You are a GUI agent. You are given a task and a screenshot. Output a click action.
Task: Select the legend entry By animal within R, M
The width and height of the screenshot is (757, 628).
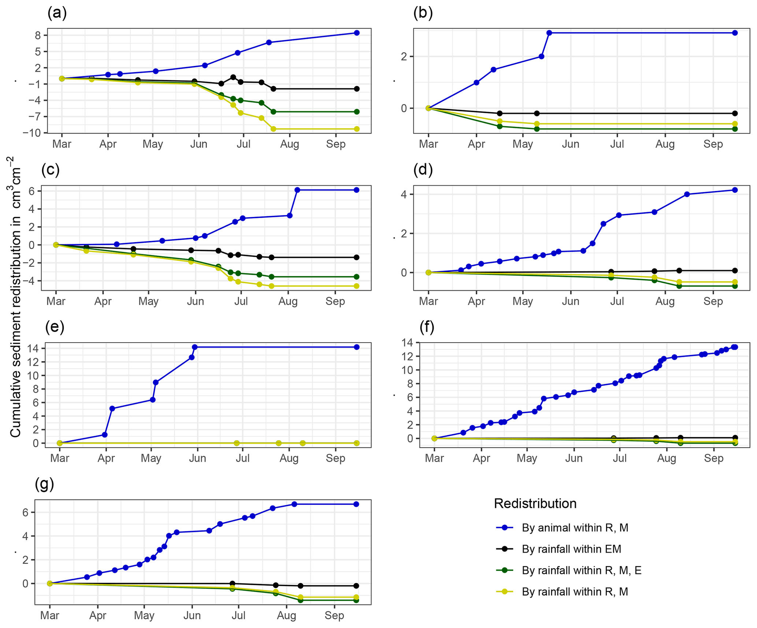coord(575,528)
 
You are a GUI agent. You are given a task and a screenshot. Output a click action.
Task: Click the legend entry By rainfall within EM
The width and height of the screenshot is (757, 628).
coord(571,549)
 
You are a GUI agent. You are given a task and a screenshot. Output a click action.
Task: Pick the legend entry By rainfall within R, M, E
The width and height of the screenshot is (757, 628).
coord(581,570)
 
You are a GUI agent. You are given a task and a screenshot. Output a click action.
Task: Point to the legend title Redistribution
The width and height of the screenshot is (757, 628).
coord(535,503)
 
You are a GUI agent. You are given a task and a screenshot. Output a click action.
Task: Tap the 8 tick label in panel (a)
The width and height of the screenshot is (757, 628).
coord(38,36)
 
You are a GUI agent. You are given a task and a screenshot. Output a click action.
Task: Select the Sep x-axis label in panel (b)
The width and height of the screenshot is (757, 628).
coord(713,144)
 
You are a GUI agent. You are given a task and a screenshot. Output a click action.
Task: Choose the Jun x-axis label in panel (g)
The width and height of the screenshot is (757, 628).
coord(192,615)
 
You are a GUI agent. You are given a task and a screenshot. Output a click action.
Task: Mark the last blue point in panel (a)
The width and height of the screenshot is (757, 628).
coord(357,33)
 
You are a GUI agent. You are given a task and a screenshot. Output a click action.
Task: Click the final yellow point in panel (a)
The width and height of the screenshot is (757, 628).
coord(357,129)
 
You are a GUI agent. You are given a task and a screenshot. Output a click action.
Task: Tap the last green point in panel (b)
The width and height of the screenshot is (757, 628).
coord(735,129)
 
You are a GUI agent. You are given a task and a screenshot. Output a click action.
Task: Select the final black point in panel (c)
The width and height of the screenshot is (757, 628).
coord(356,258)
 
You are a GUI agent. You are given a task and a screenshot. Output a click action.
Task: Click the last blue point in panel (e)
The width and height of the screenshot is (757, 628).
coord(357,347)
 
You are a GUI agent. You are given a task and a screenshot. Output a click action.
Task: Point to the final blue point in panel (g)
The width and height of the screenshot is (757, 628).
coord(356,504)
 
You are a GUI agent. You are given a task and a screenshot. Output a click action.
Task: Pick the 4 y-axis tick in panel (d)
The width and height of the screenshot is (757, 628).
coord(404,194)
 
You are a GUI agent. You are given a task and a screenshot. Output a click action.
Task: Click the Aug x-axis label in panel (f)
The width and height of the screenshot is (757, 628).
coord(667,458)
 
